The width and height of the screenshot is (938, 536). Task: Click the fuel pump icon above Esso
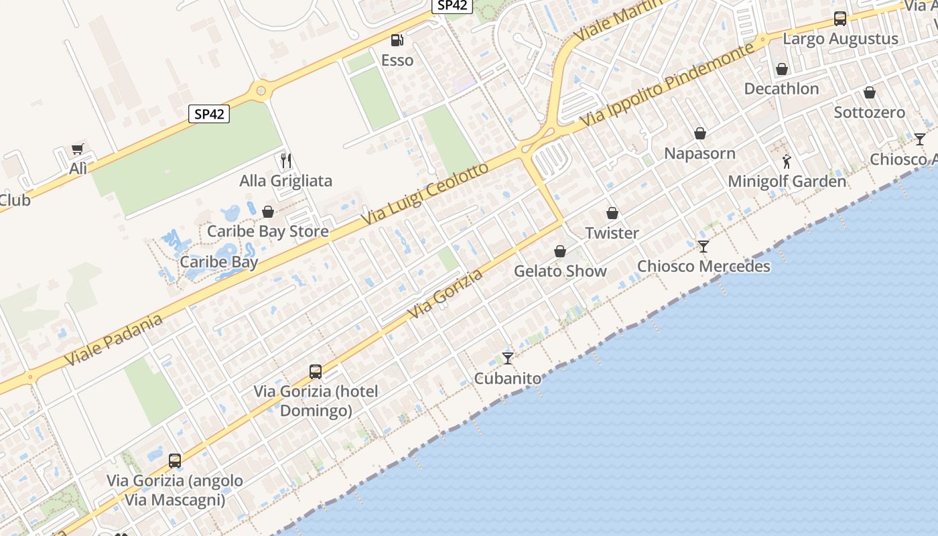[x=397, y=40]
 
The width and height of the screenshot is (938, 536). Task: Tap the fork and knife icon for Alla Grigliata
[x=286, y=161]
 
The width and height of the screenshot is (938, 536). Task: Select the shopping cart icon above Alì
[x=78, y=149]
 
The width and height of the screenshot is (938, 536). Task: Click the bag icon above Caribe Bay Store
[x=268, y=212]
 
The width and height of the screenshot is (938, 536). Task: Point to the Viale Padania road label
[x=114, y=340]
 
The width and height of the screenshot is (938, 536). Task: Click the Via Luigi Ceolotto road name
[x=425, y=194]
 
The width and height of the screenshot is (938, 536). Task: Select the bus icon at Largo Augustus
[x=840, y=19]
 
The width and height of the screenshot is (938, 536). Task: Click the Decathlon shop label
[x=781, y=88]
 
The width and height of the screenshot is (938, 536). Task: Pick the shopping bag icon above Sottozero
[x=869, y=92]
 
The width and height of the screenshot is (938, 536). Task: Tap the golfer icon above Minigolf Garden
[x=787, y=161]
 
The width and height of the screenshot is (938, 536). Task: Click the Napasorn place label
[x=699, y=153]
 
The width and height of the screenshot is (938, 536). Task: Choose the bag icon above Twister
[x=612, y=213]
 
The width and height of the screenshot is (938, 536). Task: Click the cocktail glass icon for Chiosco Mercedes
[x=703, y=247]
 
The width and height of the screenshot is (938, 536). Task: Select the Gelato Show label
[x=560, y=271]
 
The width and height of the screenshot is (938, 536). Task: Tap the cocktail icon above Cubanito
[x=508, y=358]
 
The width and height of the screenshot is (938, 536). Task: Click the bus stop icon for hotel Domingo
[x=316, y=371]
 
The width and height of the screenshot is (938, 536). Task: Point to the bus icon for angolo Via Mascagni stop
[x=175, y=461]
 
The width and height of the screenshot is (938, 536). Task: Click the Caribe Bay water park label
[x=219, y=262]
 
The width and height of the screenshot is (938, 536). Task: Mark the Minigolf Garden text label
[x=787, y=182]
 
